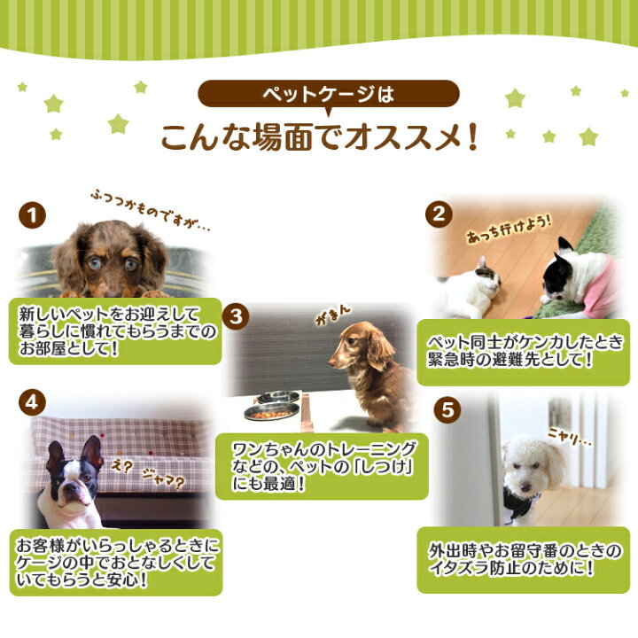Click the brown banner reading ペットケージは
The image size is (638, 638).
pos(328,93)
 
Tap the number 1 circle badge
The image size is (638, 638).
pos(32,215)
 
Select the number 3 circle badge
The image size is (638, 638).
pos(235,315)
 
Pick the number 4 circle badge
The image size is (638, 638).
pos(32,401)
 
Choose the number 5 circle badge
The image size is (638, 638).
pos(447,409)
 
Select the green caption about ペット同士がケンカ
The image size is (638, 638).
pos(523,352)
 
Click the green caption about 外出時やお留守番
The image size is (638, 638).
pos(523,560)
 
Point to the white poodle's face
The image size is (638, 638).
pos(523,463)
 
